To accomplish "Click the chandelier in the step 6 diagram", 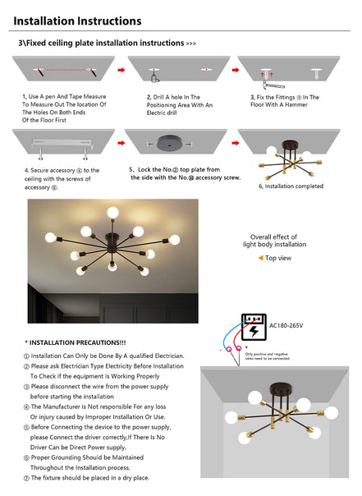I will point(291,157).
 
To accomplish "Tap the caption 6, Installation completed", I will point(291,186).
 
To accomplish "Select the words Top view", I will point(279,258).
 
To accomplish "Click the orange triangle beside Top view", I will point(260,258).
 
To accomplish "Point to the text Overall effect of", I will point(278,237).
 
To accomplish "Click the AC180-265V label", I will point(287,326).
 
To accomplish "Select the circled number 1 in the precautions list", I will point(26,356).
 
